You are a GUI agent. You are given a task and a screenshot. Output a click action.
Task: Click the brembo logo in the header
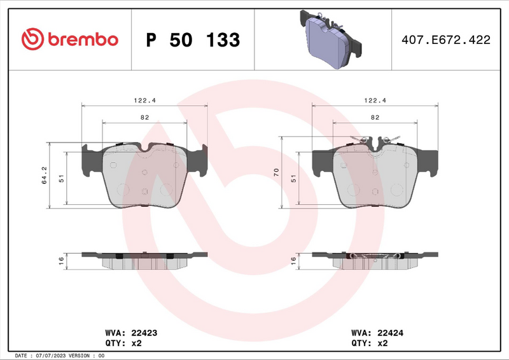pos(70,39)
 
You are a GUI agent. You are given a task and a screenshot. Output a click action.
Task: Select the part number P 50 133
pos(193,40)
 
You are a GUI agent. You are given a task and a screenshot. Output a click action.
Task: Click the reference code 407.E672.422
pos(445,40)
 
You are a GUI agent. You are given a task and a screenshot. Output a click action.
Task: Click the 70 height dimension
pos(276,172)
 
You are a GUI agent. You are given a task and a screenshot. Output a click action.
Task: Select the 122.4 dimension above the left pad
pos(144,100)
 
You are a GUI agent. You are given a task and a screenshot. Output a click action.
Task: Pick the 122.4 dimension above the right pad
pos(375,100)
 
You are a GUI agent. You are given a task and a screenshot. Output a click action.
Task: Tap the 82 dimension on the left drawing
pos(144,117)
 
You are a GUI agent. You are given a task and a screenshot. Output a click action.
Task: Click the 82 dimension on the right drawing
pos(375,117)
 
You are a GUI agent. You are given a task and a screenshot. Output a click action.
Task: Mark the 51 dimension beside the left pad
pos(62,179)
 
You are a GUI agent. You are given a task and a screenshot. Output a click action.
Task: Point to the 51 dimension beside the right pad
pos(293,179)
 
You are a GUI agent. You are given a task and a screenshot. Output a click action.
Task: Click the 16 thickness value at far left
pos(62,260)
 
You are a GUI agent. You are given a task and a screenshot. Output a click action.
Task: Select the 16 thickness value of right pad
pos(293,260)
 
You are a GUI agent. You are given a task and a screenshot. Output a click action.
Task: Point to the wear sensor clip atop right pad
pos(375,141)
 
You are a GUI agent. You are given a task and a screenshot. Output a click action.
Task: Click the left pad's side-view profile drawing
pos(144,259)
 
